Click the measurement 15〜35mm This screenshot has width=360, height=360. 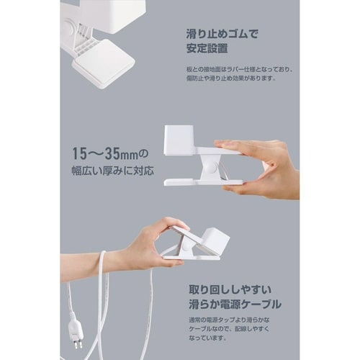click(105, 154)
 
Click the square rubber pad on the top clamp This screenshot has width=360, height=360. click(104, 62)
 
